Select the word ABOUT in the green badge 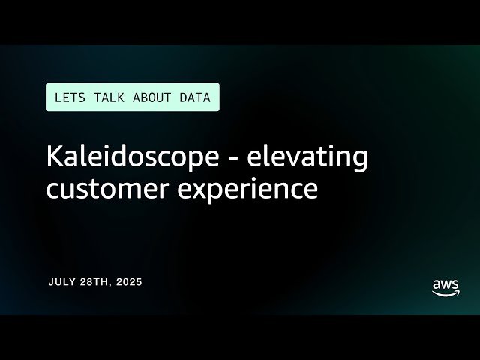[150, 97]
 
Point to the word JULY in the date [61, 282]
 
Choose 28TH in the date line [91, 282]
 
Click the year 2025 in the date [127, 282]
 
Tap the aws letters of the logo [445, 286]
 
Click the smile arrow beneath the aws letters [446, 294]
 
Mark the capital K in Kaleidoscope [54, 157]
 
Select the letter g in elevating [359, 161]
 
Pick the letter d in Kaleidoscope [120, 157]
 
